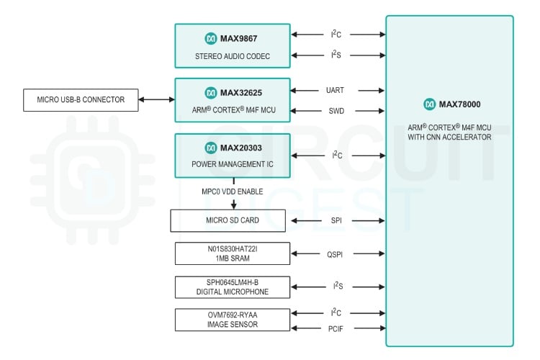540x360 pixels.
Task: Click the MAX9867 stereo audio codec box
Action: [x=232, y=46]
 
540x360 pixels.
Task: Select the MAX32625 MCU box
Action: [x=232, y=101]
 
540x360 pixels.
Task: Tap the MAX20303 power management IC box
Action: [x=232, y=155]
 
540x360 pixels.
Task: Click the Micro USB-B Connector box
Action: [x=80, y=99]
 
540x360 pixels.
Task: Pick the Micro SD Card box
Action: [x=228, y=220]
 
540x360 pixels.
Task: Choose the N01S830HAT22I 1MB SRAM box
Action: [x=232, y=253]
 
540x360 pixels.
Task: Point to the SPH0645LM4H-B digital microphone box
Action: [x=232, y=287]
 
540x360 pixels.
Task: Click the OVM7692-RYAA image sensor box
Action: [x=232, y=320]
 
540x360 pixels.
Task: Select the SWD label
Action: [x=336, y=111]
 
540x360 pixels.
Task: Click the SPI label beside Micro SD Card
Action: [x=336, y=220]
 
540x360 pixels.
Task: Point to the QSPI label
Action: [x=336, y=253]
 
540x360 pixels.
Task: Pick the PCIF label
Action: [x=336, y=329]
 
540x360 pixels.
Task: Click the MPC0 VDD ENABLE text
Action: [x=232, y=192]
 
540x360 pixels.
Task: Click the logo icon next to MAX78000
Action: [x=430, y=104]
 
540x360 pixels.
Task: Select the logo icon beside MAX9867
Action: [x=210, y=37]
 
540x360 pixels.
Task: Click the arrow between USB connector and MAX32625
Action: [x=156, y=99]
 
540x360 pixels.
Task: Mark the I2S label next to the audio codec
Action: [x=336, y=55]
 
